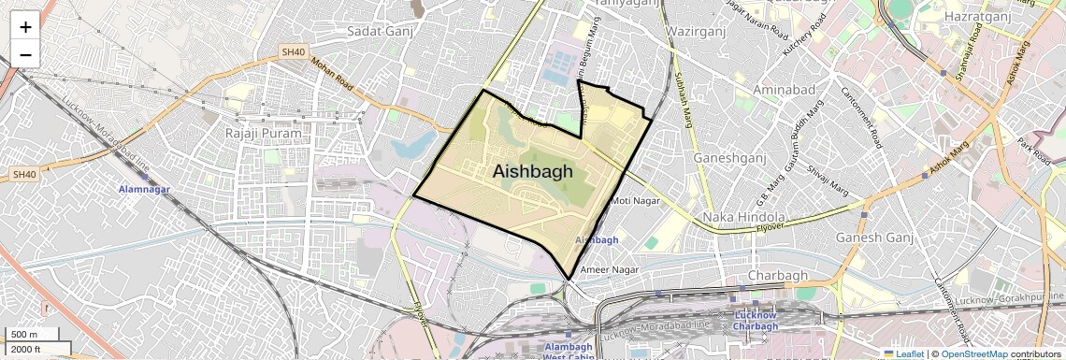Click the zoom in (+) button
25,26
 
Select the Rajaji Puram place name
264,134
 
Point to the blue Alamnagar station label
145,190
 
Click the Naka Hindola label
743,217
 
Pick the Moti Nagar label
635,201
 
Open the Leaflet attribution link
904,353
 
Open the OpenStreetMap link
973,353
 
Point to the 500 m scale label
25,335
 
